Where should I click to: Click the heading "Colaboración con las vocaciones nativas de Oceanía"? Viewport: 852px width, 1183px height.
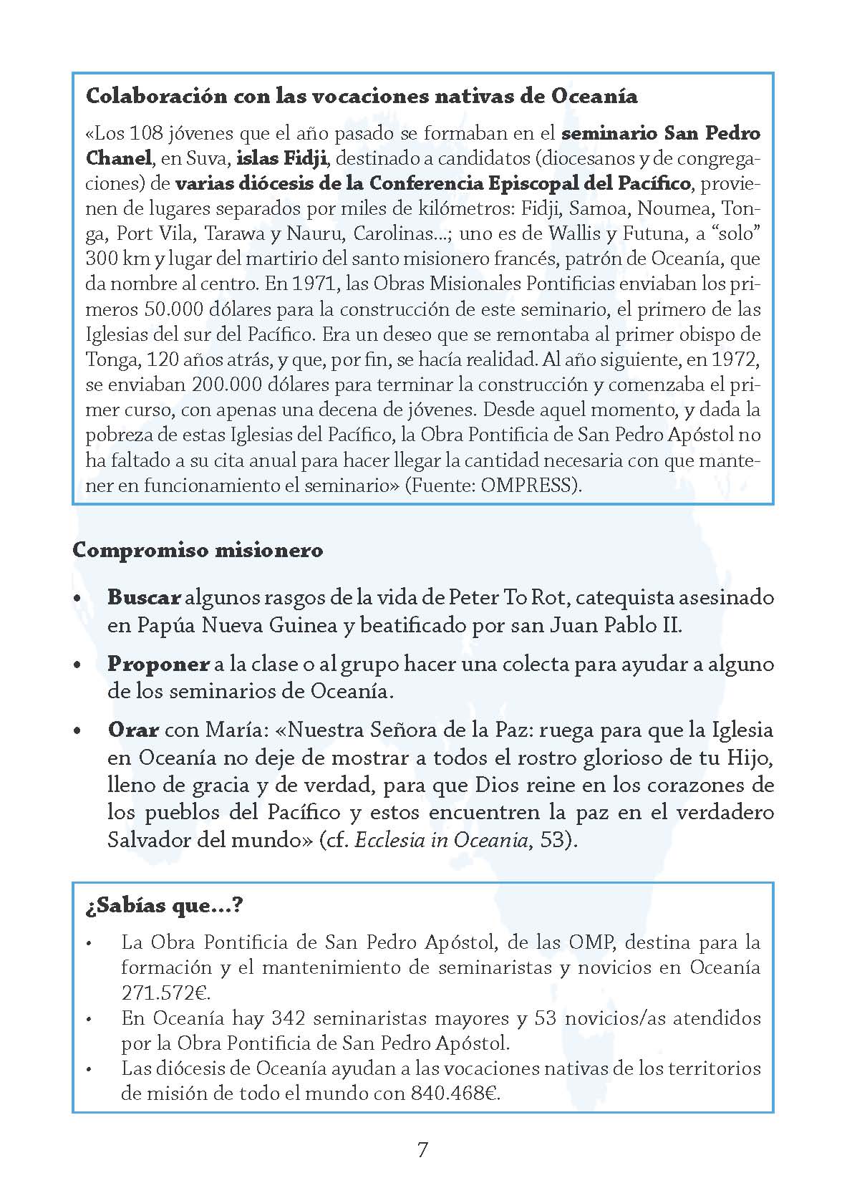362,96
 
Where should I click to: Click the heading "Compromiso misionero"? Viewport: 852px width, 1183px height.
198,550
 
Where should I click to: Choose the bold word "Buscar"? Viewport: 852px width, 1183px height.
143,597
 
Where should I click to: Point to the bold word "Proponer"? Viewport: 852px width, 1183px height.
158,664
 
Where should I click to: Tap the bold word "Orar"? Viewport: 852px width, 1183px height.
133,730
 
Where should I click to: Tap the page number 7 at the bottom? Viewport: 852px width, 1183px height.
422,1150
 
